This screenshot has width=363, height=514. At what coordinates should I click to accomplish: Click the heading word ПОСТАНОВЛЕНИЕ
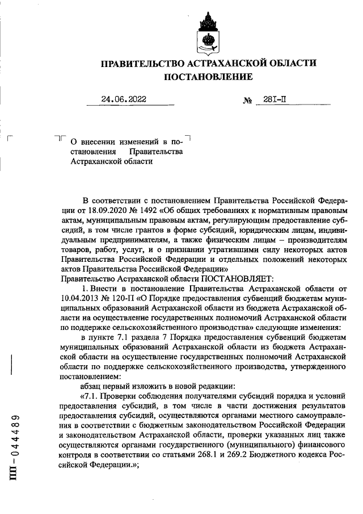(208, 76)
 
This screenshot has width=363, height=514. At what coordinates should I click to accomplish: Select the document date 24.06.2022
(123, 99)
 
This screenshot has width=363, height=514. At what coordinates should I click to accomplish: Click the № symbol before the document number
(247, 101)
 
